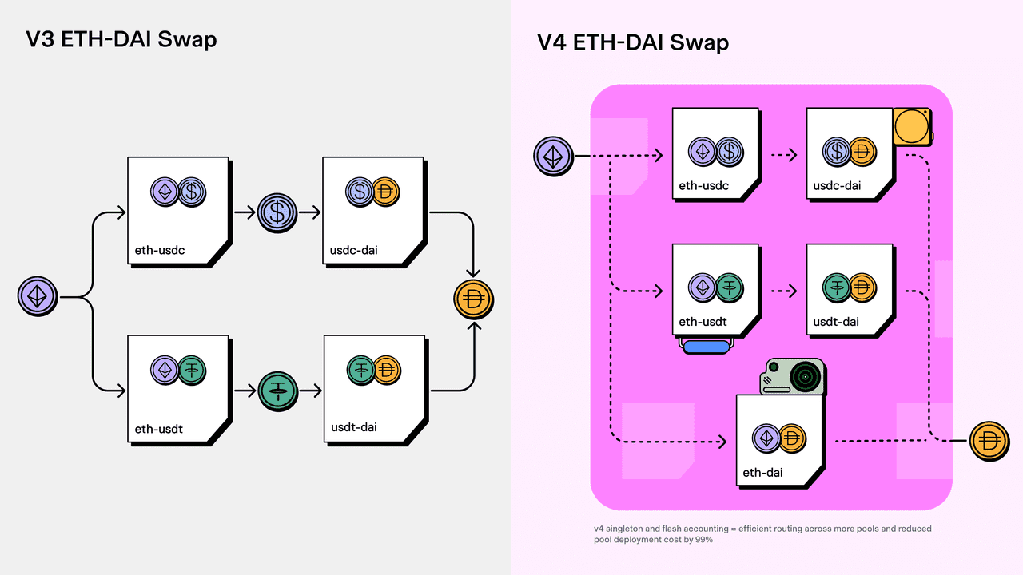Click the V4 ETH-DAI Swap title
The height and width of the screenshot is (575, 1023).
(x=632, y=42)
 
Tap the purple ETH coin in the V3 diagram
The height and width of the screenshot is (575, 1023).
(x=38, y=297)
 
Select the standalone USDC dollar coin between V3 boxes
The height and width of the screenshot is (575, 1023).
(x=277, y=212)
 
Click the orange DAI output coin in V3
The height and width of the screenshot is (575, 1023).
(x=473, y=301)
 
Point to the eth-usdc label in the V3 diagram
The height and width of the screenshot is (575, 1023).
(x=160, y=250)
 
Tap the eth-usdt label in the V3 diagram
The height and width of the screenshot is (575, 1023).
(x=159, y=429)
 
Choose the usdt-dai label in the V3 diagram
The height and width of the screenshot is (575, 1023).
(x=354, y=427)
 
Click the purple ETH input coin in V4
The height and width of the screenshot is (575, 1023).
(x=553, y=155)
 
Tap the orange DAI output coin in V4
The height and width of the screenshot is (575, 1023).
(x=989, y=441)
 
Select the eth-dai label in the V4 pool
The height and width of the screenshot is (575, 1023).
(x=762, y=473)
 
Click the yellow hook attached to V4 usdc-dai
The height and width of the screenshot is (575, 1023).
(x=912, y=126)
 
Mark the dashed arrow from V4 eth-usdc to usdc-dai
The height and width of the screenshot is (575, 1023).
(x=783, y=155)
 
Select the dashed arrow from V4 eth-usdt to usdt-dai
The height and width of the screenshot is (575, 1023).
(x=783, y=291)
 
